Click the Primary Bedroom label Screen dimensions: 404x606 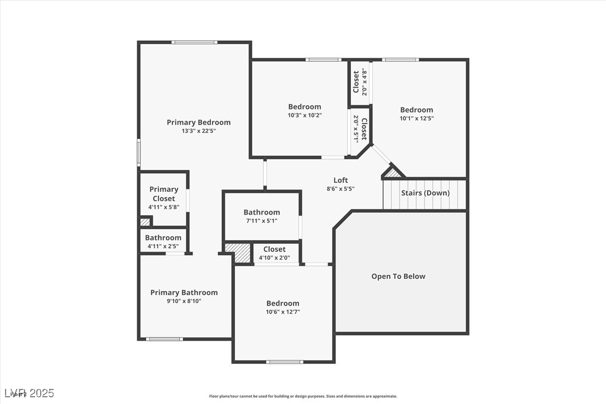(x=198, y=122)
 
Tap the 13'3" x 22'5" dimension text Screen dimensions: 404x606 (x=198, y=131)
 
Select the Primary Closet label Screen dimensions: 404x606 (x=163, y=194)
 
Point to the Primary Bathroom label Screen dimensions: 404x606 (x=184, y=292)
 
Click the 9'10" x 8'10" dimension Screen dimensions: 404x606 (x=184, y=301)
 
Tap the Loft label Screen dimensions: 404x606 (x=340, y=180)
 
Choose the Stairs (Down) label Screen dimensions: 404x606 (x=425, y=193)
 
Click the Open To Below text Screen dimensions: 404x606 (x=398, y=276)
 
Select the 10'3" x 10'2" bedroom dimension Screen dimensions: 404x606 (x=305, y=115)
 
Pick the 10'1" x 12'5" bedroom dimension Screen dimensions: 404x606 (x=416, y=118)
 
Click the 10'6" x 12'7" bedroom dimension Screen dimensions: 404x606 (x=282, y=312)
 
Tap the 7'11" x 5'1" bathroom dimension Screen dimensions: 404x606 (x=261, y=221)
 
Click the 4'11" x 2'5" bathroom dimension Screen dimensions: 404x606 (x=163, y=246)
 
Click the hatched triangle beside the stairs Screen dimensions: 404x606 (x=393, y=173)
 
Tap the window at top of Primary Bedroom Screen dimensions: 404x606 (x=194, y=42)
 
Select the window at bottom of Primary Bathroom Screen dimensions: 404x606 (x=164, y=339)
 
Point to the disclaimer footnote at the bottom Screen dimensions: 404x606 (x=303, y=396)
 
